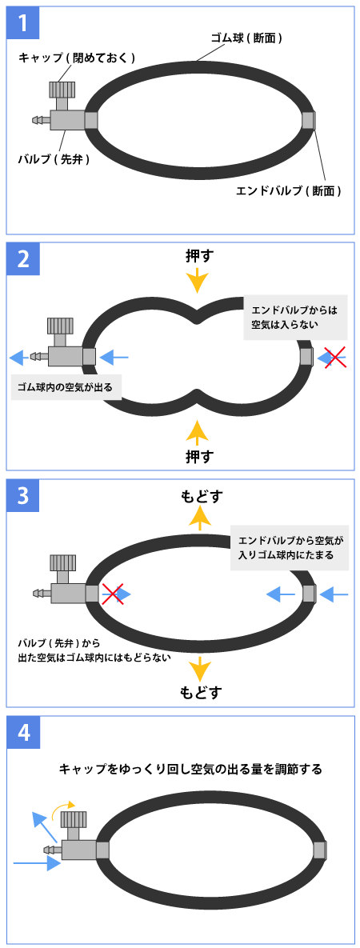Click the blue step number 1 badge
(x=23, y=23)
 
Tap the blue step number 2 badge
(x=23, y=258)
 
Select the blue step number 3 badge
(x=23, y=496)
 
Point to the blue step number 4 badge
(x=23, y=733)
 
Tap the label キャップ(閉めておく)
(x=76, y=58)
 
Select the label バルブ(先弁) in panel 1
(x=54, y=160)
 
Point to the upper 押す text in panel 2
(x=198, y=256)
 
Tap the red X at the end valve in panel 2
(x=334, y=358)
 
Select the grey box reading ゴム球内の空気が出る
(x=66, y=385)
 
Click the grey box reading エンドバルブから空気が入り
(x=290, y=547)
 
